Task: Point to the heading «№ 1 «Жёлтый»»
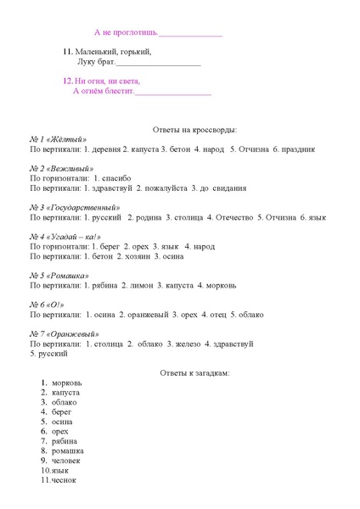(x=59, y=139)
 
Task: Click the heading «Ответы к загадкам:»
(x=194, y=372)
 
